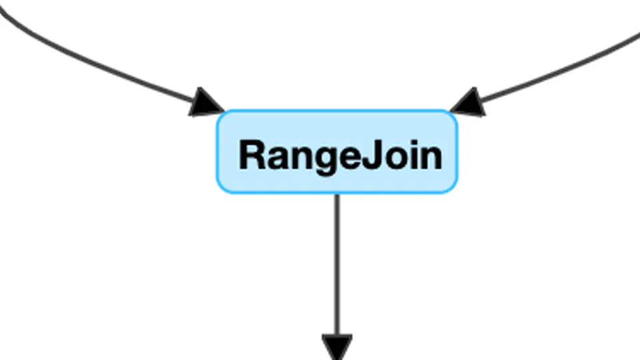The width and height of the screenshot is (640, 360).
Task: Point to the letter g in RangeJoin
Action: click(x=327, y=160)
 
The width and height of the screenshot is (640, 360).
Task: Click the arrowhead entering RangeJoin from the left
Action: click(x=205, y=103)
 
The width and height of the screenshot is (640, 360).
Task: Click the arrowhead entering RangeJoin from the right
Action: click(x=469, y=103)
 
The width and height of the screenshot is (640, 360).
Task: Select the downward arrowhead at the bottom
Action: click(x=337, y=347)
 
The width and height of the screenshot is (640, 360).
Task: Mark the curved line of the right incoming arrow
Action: click(x=567, y=67)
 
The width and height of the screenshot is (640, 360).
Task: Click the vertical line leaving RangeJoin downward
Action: click(x=337, y=267)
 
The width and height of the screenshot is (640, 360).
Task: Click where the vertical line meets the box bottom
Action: click(x=337, y=193)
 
